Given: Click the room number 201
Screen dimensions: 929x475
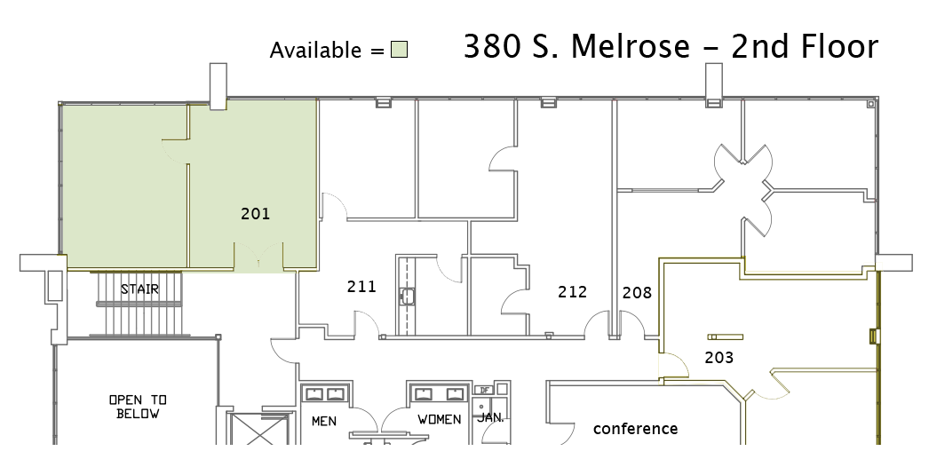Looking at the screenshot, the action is (256, 214).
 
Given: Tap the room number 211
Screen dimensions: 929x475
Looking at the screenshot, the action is (361, 287).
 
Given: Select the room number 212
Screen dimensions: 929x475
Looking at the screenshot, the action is (572, 291).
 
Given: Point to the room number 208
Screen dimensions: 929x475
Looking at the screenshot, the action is (637, 293).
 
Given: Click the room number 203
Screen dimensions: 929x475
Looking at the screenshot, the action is (719, 357).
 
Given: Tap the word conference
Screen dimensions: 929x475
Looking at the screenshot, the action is (636, 428).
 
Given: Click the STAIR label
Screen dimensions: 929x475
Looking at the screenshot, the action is (139, 289).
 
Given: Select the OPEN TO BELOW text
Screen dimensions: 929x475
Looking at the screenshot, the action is (138, 407).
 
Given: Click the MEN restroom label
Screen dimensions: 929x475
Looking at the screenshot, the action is (324, 421).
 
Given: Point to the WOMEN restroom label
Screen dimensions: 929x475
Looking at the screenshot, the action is (440, 419).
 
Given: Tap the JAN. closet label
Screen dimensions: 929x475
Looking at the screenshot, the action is (490, 417).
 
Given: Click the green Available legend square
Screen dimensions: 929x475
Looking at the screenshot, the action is (400, 50).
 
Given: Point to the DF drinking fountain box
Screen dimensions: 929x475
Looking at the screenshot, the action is (484, 390).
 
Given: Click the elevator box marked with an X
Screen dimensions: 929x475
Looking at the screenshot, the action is (258, 430).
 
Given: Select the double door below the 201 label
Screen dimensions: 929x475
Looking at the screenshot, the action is (258, 256).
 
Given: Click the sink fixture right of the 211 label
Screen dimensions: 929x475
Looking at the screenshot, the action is (407, 296).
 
